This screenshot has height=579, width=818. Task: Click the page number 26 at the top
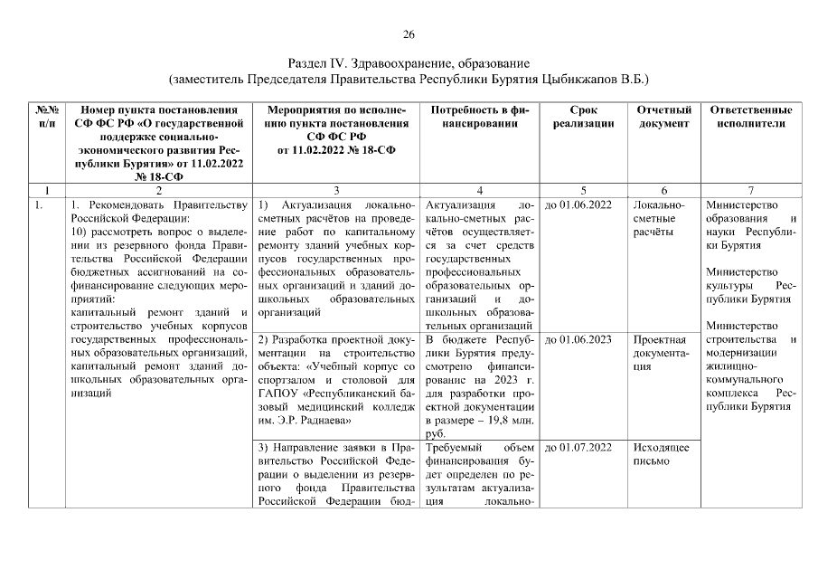[x=408, y=35]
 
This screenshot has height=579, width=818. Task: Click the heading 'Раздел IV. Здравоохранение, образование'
[x=408, y=63]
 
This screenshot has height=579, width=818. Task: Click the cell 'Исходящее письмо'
[x=661, y=454]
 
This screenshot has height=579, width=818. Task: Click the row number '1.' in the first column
[x=38, y=204]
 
